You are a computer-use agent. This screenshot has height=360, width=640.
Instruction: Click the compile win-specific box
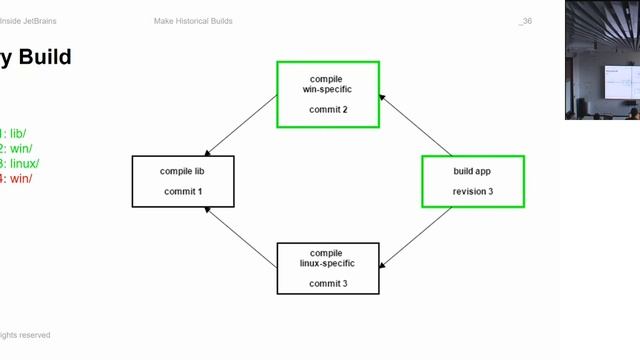(x=328, y=94)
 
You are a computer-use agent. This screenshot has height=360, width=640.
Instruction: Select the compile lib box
(x=183, y=181)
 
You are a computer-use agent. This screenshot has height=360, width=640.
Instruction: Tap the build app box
(x=472, y=181)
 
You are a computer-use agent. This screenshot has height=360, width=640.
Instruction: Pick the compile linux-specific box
(x=328, y=268)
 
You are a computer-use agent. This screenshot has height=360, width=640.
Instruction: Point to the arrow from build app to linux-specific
(x=415, y=238)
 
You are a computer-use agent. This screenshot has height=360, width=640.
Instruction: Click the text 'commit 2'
(x=328, y=110)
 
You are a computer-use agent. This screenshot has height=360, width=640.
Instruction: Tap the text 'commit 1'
(x=183, y=191)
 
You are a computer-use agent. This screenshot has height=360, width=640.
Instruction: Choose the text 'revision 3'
(x=473, y=191)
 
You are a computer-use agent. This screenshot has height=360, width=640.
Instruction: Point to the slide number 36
(x=526, y=21)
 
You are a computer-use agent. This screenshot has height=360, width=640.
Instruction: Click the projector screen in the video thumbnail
(x=619, y=83)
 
